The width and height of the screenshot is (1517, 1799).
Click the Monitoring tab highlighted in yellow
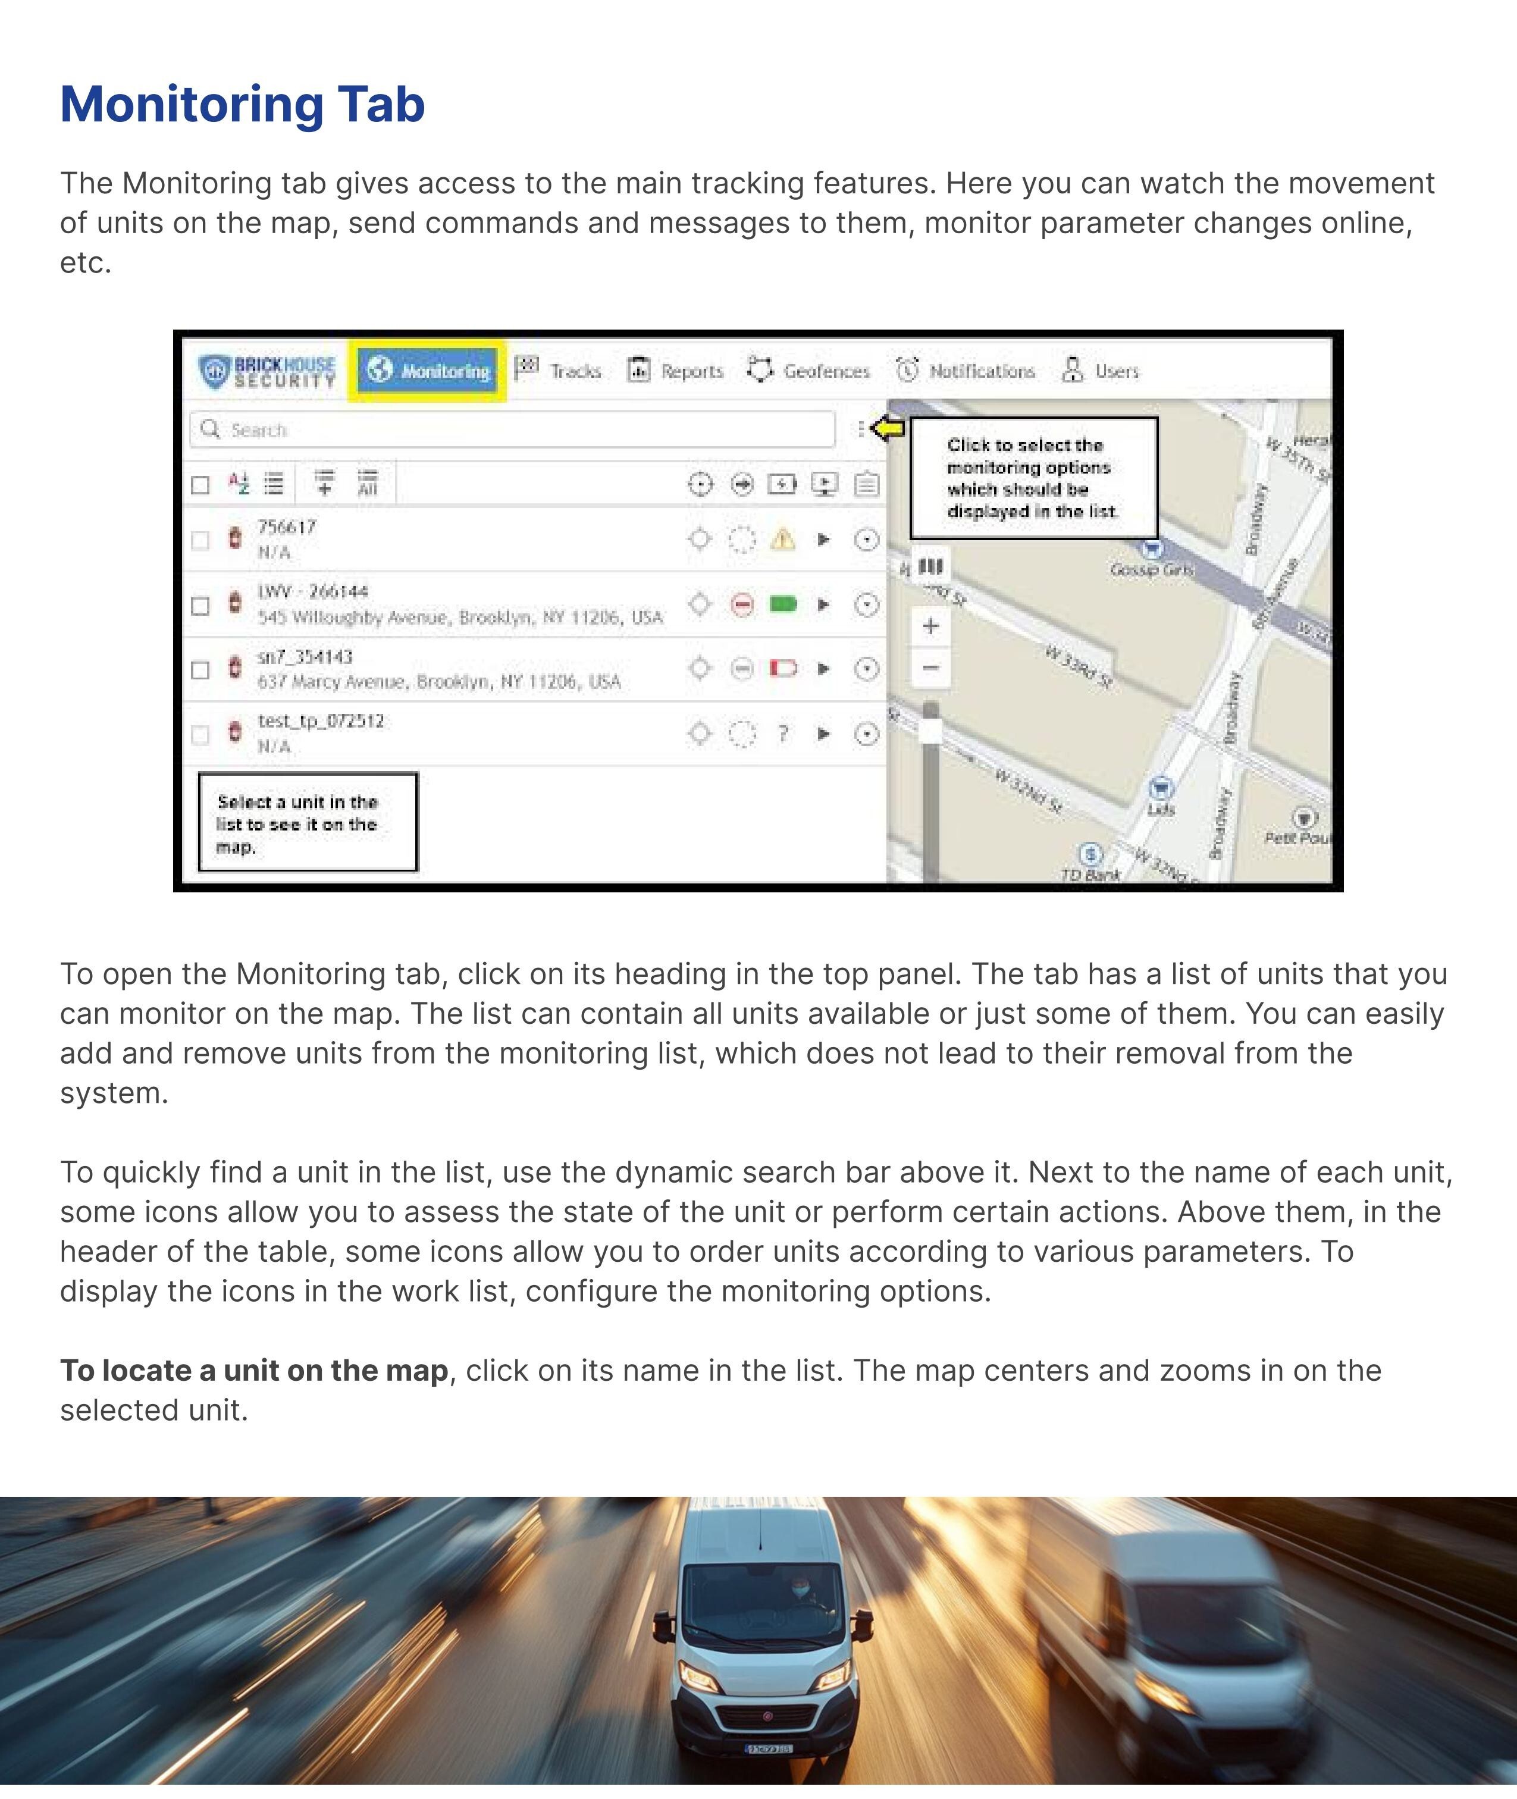click(x=427, y=371)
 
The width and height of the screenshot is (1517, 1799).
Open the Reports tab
click(x=675, y=371)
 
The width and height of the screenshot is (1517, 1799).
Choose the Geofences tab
click(x=808, y=371)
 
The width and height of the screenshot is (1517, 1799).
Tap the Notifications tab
click(x=965, y=371)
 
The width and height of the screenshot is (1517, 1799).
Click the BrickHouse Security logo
click(x=267, y=371)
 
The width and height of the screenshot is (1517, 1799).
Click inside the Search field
click(x=516, y=429)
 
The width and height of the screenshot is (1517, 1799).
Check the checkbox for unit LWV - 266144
click(x=200, y=606)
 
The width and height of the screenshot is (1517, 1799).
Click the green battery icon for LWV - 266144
click(x=782, y=604)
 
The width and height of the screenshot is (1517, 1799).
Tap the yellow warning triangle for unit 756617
click(x=782, y=539)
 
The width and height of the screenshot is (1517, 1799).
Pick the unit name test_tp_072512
click(x=321, y=720)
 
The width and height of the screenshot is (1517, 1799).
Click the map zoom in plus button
click(x=930, y=626)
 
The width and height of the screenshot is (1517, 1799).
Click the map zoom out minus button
click(x=930, y=667)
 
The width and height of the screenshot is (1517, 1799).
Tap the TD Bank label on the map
click(x=1090, y=875)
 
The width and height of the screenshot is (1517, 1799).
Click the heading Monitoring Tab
click(x=243, y=104)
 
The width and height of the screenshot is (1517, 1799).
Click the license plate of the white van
click(x=768, y=1747)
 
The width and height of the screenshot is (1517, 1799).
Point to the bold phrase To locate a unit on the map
click(x=253, y=1370)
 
